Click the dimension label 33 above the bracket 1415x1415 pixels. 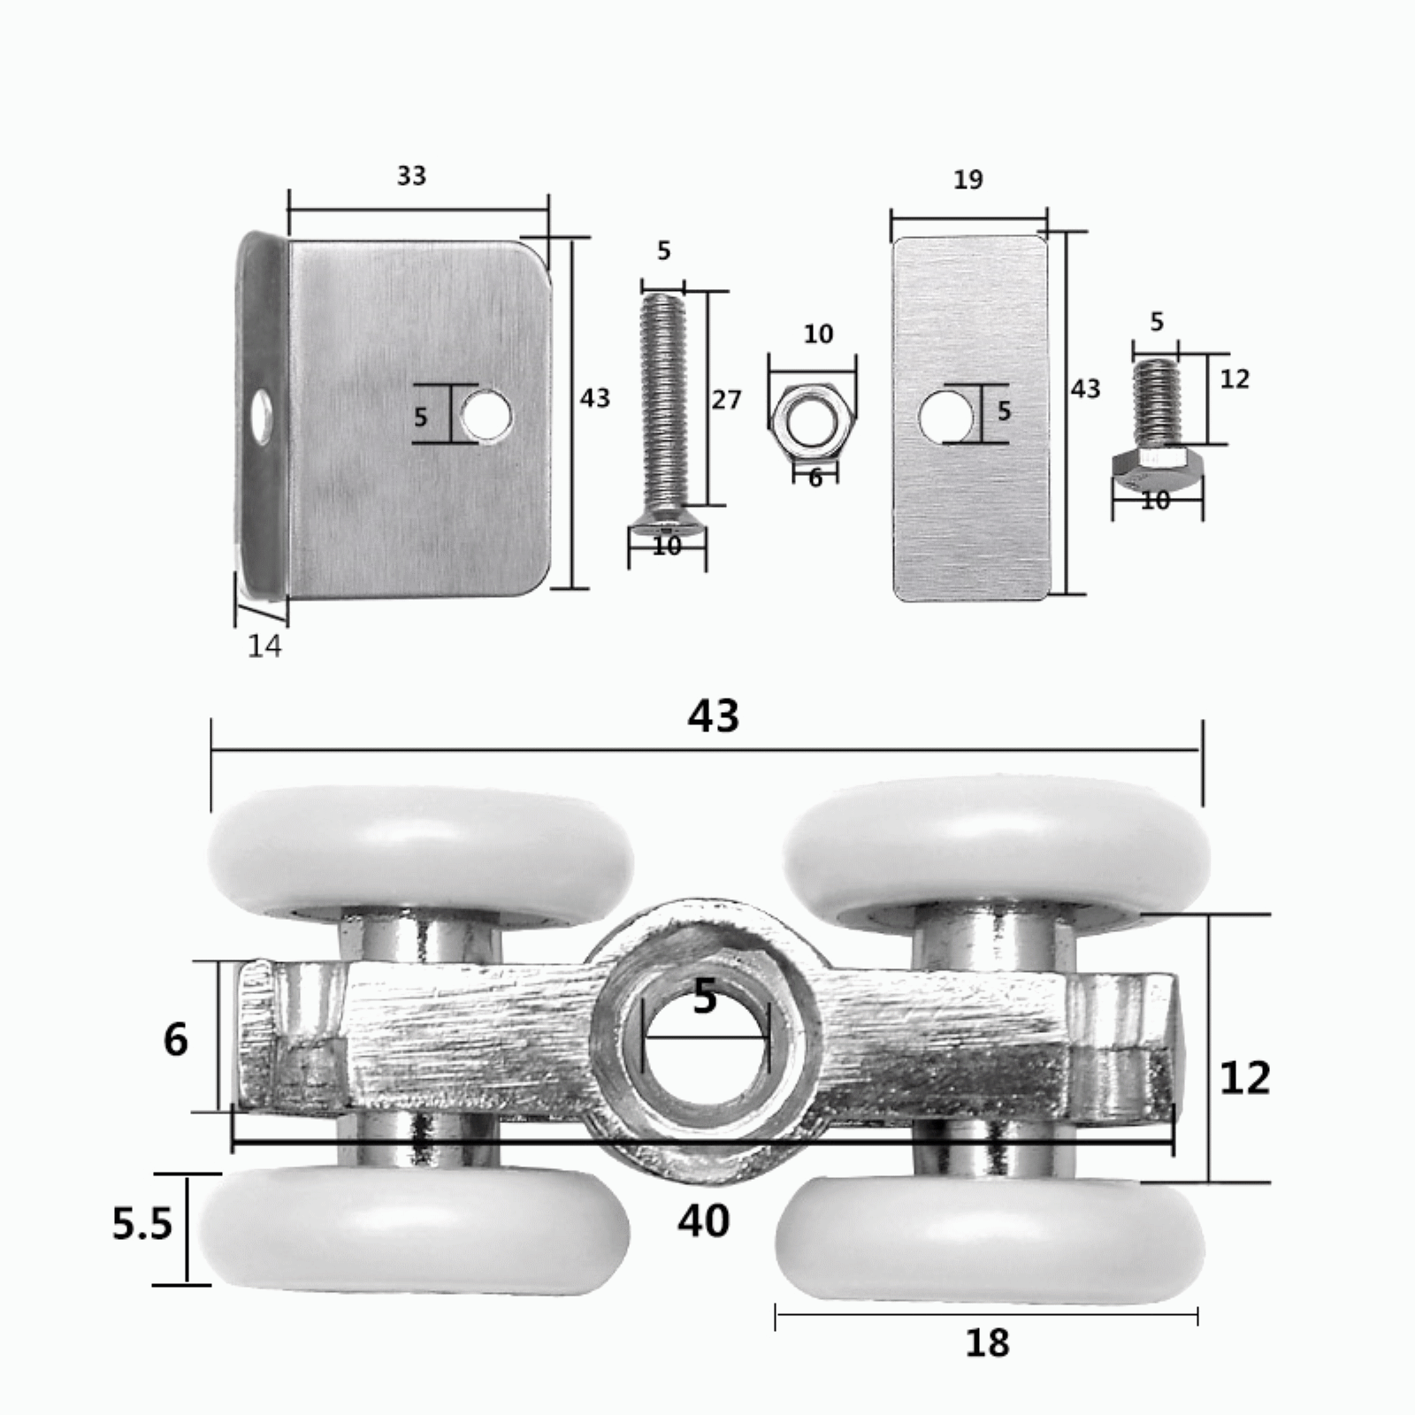(x=411, y=176)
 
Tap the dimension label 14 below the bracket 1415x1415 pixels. (x=264, y=646)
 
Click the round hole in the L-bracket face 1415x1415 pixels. (x=486, y=413)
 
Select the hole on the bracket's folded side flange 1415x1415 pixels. (x=261, y=415)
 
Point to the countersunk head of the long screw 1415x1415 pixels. (x=667, y=534)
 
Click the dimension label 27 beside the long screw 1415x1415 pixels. (x=726, y=401)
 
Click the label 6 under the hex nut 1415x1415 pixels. (x=815, y=478)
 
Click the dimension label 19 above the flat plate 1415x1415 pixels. (x=968, y=180)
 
